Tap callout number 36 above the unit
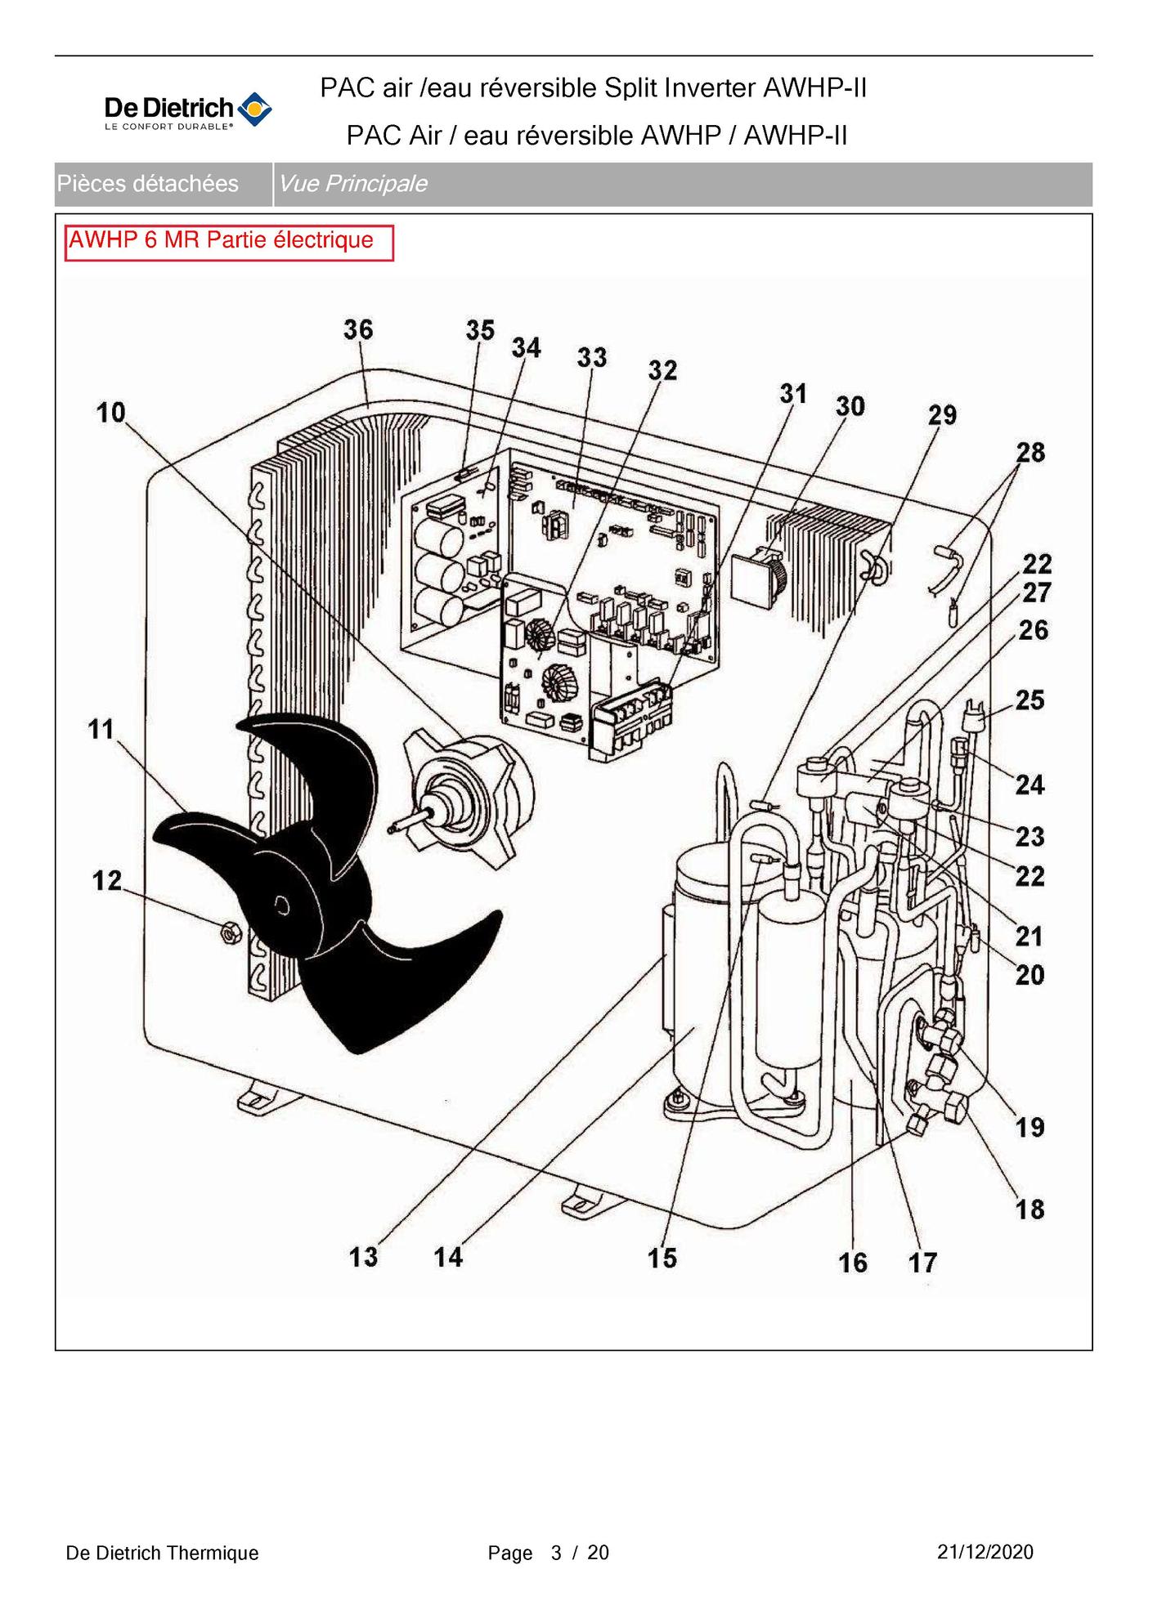coord(358,329)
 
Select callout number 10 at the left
coord(111,413)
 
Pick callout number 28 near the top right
coord(1030,453)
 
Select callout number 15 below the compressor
coord(662,1258)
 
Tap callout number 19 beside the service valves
coord(1030,1128)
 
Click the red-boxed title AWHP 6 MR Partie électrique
coord(222,240)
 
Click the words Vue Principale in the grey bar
coord(352,184)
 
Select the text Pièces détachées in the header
coord(148,184)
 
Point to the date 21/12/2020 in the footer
coord(985,1552)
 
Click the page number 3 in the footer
coord(556,1553)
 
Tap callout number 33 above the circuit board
coord(592,357)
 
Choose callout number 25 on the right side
coord(1030,700)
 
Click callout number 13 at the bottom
coord(363,1256)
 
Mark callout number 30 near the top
coord(850,406)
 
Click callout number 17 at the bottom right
coord(923,1263)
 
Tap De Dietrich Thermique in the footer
coord(162,1553)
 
